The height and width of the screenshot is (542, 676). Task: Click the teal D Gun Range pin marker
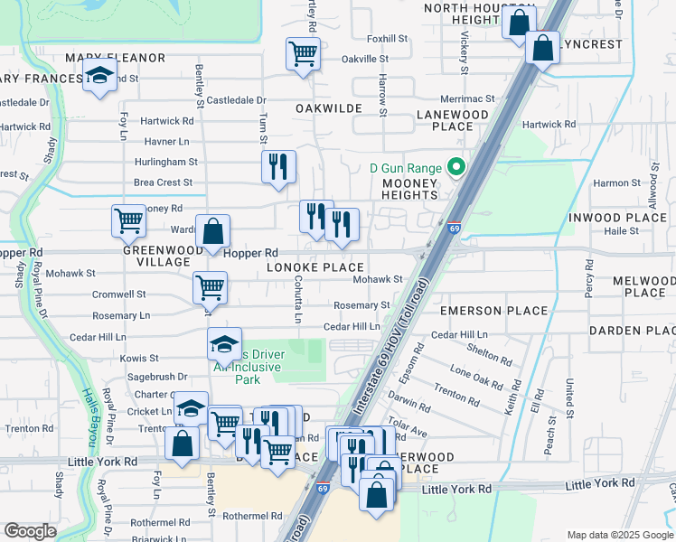456,168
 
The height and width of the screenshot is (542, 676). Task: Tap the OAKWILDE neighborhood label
329,108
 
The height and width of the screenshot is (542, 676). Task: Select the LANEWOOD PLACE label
452,121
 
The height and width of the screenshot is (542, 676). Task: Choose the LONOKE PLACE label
315,267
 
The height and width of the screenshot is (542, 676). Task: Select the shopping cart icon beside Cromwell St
210,287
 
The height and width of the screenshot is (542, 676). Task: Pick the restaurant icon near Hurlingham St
278,166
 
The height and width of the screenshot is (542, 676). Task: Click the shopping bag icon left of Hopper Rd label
212,231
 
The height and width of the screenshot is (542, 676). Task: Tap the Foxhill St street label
388,39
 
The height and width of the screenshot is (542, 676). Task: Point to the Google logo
30,531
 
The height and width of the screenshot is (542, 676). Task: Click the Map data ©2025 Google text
619,535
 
